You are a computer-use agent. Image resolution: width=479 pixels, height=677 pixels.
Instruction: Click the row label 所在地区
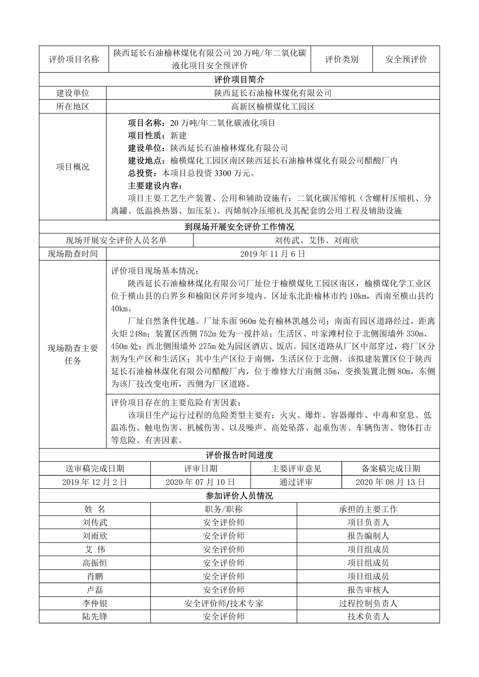tap(73, 107)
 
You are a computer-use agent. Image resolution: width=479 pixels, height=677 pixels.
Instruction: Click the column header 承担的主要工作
tap(368, 509)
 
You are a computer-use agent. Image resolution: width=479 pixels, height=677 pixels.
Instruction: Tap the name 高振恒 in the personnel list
tap(95, 563)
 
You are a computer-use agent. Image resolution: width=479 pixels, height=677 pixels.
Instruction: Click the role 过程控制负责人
tap(368, 603)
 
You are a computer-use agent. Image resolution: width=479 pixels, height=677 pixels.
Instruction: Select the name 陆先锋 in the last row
tap(95, 617)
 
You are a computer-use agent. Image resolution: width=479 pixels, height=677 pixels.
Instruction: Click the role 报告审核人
tap(368, 590)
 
